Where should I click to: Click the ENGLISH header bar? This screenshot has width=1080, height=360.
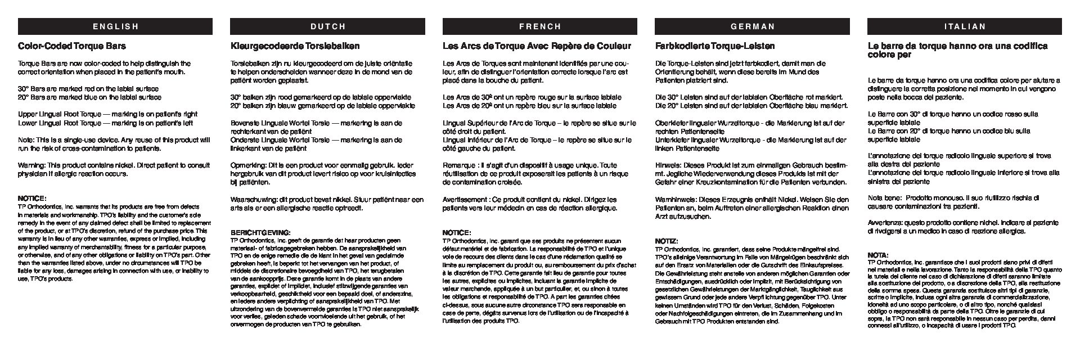115,26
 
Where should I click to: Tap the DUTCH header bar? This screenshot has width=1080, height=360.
327,26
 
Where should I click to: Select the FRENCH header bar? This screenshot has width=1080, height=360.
540,26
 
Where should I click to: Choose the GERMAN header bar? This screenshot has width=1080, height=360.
752,26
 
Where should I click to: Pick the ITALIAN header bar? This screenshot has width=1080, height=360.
964,26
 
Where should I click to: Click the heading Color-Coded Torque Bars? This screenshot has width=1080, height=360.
72,46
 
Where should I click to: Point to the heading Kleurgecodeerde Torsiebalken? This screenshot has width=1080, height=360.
295,46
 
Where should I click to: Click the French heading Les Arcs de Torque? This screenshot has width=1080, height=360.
537,46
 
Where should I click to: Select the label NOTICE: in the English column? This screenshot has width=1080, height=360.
32,198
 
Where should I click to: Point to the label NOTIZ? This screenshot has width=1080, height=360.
667,241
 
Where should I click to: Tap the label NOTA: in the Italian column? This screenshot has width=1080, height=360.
879,255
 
